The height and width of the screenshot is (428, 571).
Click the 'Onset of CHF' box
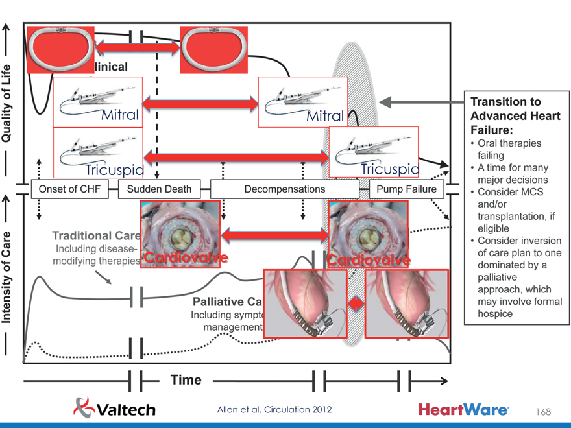[74, 189]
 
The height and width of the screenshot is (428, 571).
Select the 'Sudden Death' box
[160, 189]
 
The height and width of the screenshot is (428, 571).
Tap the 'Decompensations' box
[284, 189]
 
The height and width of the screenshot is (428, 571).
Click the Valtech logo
[115, 408]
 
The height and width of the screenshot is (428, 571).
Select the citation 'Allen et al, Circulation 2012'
[274, 409]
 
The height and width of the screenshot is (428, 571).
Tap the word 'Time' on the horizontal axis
[186, 380]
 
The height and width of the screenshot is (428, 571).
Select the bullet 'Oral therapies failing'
[509, 149]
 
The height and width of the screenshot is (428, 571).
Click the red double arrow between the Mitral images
[200, 102]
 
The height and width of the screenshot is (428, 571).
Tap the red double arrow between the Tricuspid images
[236, 156]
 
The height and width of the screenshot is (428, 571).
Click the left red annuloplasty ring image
[60, 50]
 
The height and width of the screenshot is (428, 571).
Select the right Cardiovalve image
[369, 234]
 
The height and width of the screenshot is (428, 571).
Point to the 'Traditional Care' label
[96, 235]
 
